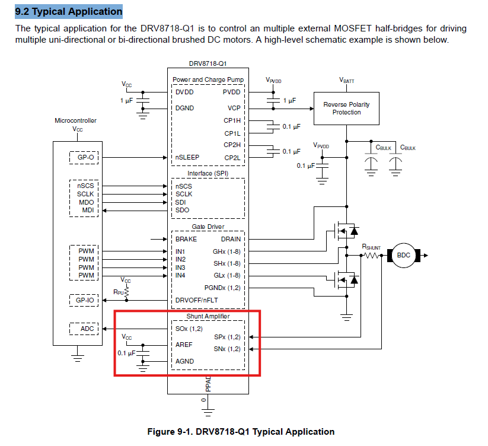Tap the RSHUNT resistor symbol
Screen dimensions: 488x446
pyautogui.click(x=371, y=256)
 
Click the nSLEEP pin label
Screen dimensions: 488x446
pyautogui.click(x=187, y=158)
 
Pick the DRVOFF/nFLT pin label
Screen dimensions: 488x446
pyautogui.click(x=196, y=300)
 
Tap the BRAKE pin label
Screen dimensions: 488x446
pyautogui.click(x=186, y=239)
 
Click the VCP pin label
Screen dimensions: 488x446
pyautogui.click(x=234, y=108)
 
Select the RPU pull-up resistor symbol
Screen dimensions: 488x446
pyautogui.click(x=126, y=292)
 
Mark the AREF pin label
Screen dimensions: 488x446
pyautogui.click(x=184, y=345)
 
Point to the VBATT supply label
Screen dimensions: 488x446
pyautogui.click(x=346, y=81)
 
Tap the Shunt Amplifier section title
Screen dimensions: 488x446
pyautogui.click(x=208, y=316)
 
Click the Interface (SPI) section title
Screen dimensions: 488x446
pyautogui.click(x=208, y=173)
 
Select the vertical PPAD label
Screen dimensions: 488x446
pyautogui.click(x=208, y=384)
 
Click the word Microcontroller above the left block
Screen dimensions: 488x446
pyautogui.click(x=76, y=120)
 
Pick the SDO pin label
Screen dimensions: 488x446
pyautogui.click(x=182, y=210)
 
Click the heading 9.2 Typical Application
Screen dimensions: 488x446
pyautogui.click(x=69, y=11)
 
